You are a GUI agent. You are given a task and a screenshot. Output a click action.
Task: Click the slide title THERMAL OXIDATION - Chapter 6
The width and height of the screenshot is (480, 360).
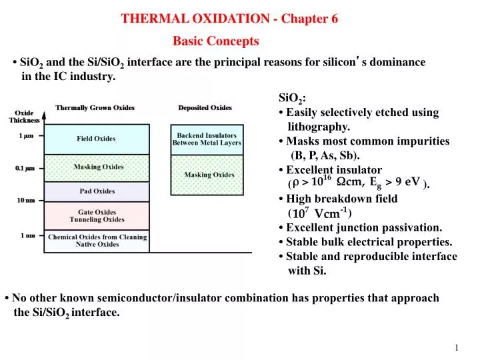click(x=229, y=19)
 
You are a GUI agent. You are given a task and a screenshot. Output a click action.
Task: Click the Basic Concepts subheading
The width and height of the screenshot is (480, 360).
click(x=215, y=41)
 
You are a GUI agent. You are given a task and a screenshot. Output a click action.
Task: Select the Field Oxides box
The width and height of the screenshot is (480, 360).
click(x=96, y=139)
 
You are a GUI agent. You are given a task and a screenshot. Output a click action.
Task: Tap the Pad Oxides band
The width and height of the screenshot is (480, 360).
click(x=96, y=191)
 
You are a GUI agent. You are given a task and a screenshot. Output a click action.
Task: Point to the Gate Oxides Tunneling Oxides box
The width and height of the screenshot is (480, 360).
click(x=97, y=215)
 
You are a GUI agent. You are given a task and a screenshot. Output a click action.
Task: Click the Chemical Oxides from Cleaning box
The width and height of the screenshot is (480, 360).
click(x=97, y=240)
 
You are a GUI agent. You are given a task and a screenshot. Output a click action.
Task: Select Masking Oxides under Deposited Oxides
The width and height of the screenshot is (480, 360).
click(x=209, y=175)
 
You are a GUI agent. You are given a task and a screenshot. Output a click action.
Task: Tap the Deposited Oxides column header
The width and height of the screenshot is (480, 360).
click(x=205, y=107)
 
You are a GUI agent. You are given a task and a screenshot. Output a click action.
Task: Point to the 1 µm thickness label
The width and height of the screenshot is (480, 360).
click(x=27, y=136)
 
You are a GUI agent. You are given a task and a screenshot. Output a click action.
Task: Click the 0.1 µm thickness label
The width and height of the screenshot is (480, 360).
click(x=25, y=168)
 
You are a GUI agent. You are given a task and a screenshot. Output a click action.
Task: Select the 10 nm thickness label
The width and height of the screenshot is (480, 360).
click(x=26, y=200)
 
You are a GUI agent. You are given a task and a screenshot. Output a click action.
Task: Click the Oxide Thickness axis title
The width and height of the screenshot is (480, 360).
click(x=24, y=117)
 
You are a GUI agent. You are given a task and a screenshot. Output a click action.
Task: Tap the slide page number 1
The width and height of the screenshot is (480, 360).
click(x=457, y=348)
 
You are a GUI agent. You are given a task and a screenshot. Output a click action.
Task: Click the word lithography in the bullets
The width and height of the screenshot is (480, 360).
click(x=319, y=127)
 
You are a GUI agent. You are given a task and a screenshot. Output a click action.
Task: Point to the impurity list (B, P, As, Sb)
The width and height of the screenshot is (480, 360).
click(x=325, y=155)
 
